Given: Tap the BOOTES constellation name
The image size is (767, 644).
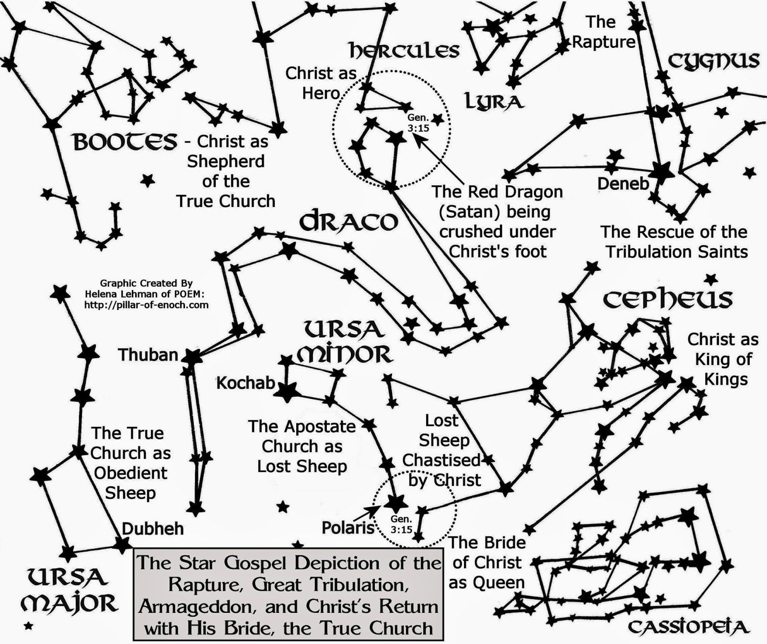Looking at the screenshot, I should [x=125, y=142].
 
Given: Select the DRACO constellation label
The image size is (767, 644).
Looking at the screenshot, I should [x=349, y=221].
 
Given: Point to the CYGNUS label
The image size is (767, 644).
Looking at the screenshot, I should [x=714, y=61].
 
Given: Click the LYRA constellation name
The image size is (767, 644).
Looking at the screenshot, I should [x=494, y=102].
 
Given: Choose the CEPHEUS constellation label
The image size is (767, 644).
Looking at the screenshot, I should [x=667, y=299].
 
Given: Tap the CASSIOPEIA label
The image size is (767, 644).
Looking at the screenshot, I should [x=688, y=627].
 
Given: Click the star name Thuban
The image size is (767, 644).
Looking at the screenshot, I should [x=148, y=355].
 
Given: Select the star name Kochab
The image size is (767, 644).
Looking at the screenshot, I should [x=245, y=383].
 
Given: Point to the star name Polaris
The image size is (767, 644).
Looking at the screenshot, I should [x=348, y=528].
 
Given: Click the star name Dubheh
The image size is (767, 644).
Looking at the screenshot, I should [x=152, y=529].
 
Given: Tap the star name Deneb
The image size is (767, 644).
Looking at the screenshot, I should [x=623, y=183].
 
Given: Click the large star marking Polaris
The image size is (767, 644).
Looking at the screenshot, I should [x=396, y=503].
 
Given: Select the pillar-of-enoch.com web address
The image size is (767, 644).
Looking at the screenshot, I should [x=146, y=305].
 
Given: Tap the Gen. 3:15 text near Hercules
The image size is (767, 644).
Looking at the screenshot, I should [x=418, y=123].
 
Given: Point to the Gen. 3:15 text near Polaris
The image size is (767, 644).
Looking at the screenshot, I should [x=401, y=524].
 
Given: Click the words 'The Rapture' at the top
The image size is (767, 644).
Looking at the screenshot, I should [x=603, y=32].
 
